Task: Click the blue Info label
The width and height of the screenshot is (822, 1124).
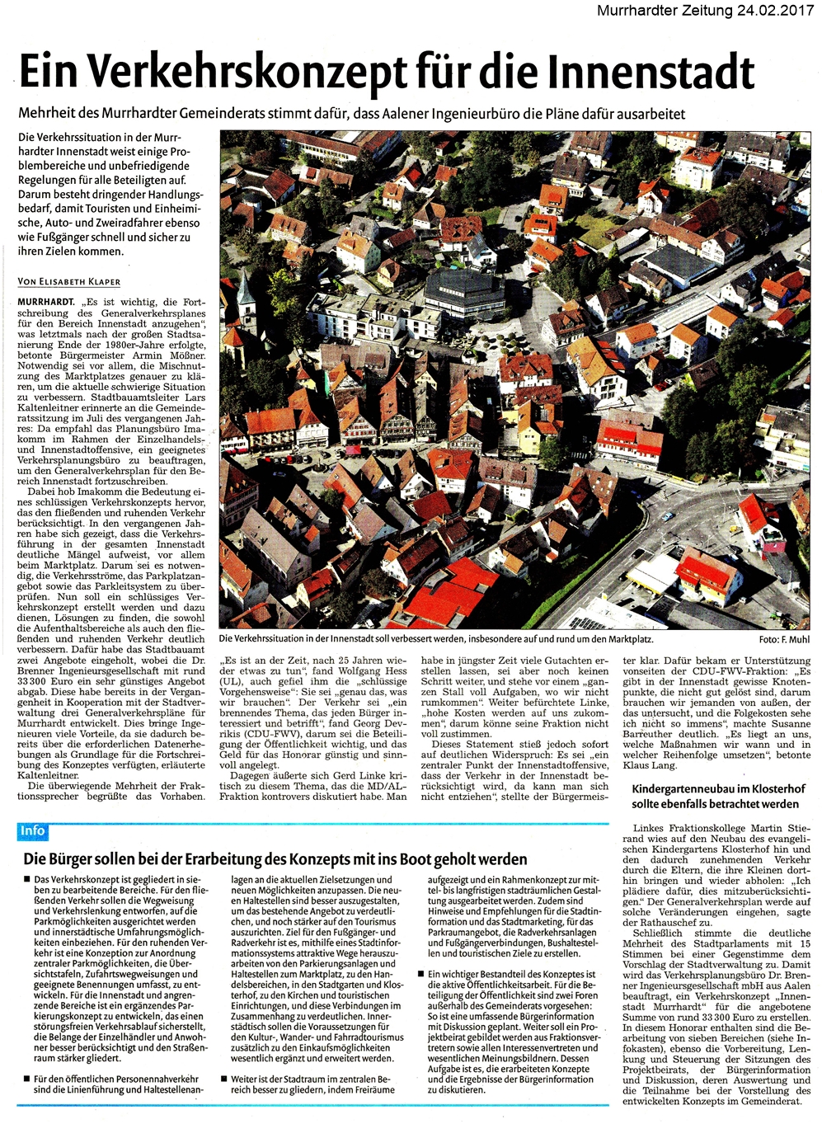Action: pos(32,831)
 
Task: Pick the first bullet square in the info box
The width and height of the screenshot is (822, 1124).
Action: pos(26,881)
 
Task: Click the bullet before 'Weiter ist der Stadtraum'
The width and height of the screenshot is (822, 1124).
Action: pos(223,1079)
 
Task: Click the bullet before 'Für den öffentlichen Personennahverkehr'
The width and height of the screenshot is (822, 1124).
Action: pos(26,1079)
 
